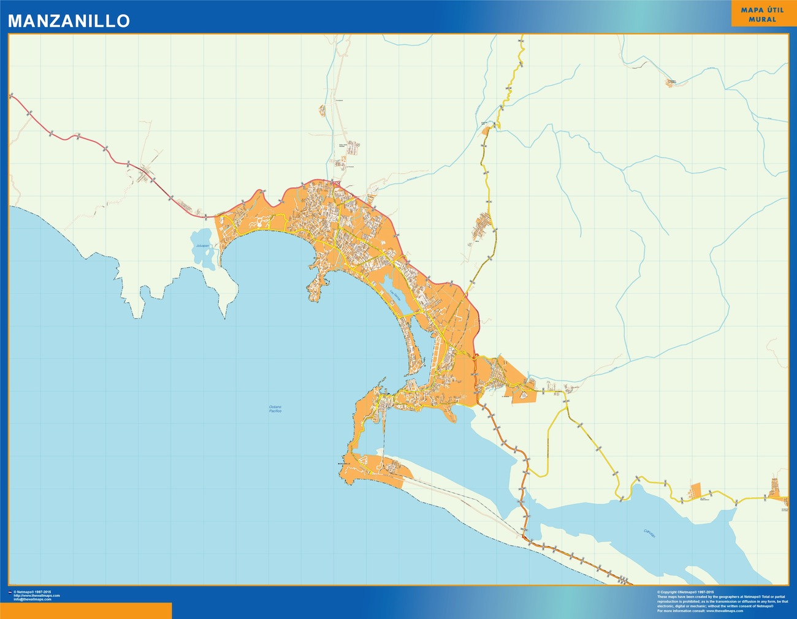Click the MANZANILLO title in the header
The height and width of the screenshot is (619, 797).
[69, 21]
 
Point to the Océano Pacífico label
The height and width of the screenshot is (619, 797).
[275, 409]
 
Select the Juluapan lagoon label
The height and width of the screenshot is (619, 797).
[202, 246]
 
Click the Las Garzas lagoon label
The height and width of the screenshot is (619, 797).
[395, 297]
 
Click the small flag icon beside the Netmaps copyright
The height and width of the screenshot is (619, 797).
[10, 592]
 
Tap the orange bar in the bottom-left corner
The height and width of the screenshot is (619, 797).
[86, 610]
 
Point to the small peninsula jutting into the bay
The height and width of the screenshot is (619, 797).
[316, 288]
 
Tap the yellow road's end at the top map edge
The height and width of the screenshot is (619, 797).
[520, 38]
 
